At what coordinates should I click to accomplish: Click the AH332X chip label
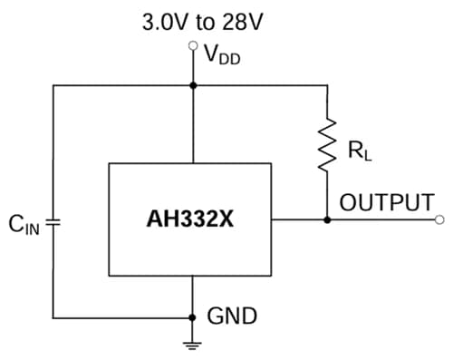(x=189, y=219)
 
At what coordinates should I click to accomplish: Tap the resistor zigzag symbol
(x=327, y=142)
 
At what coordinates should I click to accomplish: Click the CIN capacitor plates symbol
(x=53, y=220)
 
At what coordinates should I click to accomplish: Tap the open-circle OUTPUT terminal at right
(x=439, y=219)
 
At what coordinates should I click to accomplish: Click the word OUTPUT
(x=387, y=202)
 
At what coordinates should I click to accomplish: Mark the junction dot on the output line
(x=327, y=219)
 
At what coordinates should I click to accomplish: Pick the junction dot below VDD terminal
(x=193, y=86)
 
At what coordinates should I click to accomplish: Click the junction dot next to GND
(x=193, y=317)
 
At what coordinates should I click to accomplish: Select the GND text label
(x=232, y=316)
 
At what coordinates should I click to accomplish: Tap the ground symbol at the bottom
(x=193, y=344)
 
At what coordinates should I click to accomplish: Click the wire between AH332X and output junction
(x=299, y=219)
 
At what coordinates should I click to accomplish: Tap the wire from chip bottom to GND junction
(x=193, y=297)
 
